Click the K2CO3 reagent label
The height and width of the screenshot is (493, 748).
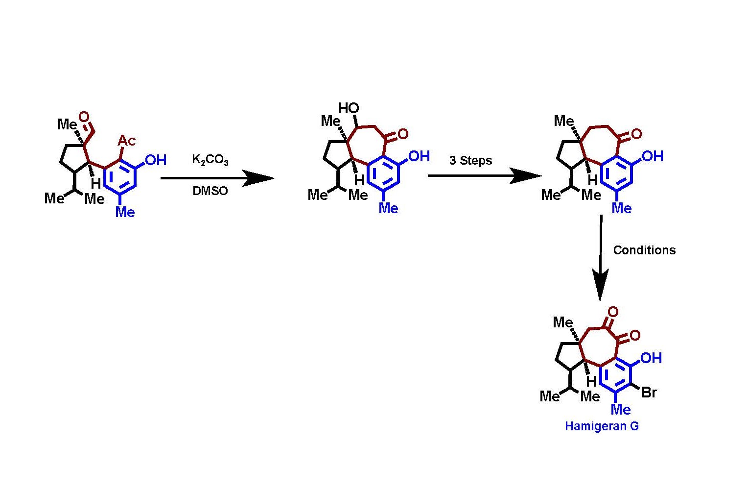pos(210,160)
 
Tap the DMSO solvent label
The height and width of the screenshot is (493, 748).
pos(210,191)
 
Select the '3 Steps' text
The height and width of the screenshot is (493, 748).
pos(470,161)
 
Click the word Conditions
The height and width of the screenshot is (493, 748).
pos(644,250)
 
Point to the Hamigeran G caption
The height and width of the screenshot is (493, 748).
pos(602,426)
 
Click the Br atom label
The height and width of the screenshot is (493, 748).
pos(649,393)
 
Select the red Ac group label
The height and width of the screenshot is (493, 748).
pos(126,141)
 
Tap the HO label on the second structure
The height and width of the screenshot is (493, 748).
pos(349,108)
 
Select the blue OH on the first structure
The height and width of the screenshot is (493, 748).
pos(156,160)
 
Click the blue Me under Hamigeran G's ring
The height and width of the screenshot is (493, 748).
pos(621,409)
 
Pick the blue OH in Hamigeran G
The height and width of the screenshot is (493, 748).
pos(651,358)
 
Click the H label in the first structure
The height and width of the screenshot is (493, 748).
pos(96,184)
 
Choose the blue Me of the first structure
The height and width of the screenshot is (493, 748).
pos(125,212)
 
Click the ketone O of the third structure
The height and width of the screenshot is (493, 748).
pos(636,134)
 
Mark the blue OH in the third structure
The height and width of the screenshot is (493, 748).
pos(652,156)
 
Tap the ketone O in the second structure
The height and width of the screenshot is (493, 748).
pos(403,134)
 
